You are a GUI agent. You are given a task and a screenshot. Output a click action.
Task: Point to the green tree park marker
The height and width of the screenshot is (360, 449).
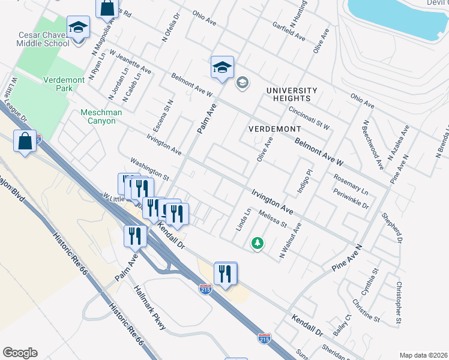coord(257,243)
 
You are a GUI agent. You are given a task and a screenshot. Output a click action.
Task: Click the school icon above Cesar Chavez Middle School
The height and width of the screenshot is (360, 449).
coord(78,28)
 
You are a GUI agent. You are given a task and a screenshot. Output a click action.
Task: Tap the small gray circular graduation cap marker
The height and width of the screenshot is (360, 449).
coord(243,82)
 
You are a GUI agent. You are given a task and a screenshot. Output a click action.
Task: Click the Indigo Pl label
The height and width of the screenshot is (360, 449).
coord(301,181)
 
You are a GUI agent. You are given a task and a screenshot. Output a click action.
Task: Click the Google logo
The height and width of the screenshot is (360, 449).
coord(20,352)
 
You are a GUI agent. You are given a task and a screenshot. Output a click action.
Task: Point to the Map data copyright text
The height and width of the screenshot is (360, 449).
coord(423,355)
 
